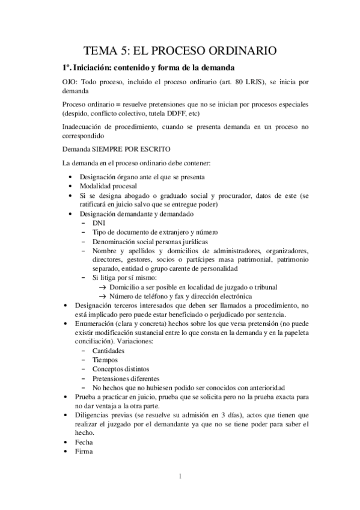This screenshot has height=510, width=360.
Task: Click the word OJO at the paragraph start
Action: click(x=70, y=82)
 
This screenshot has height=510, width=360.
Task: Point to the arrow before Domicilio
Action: click(x=102, y=287)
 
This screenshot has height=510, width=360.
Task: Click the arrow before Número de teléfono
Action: click(x=102, y=296)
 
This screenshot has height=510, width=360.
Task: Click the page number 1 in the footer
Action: click(x=180, y=478)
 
